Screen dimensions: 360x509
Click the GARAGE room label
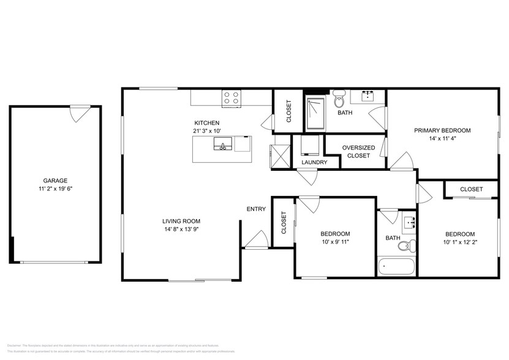pos(55,181)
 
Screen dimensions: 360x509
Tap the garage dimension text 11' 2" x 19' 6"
pos(55,189)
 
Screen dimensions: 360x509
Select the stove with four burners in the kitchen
pos(232,97)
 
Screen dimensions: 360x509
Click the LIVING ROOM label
pos(181,221)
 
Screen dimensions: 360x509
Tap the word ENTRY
pos(256,209)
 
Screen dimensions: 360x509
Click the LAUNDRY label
pos(314,162)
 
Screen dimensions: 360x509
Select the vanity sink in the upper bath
pos(368,96)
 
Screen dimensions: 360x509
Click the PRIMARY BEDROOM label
pos(442,130)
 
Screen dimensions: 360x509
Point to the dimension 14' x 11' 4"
pos(442,138)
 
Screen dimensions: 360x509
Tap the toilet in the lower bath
pos(404,246)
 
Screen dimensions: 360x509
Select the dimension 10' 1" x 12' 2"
pos(459,242)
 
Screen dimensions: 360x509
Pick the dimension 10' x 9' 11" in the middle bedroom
pos(335,242)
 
